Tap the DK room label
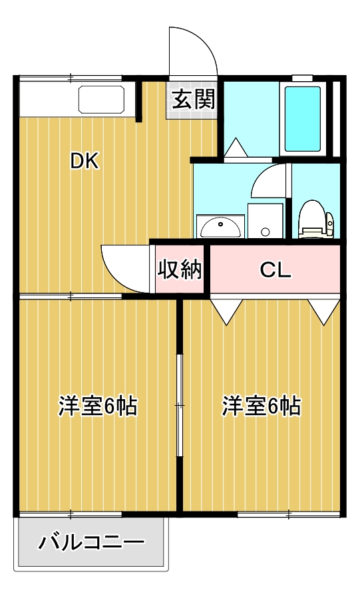coord(85,161)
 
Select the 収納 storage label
coord(179,269)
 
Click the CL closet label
coord(275,270)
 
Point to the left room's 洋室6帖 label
coord(98,406)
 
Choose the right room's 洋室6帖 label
coord(261,406)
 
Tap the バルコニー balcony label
coord(90,543)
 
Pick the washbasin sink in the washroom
coord(220,227)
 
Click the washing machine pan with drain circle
coord(266,221)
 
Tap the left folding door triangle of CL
coord(227,310)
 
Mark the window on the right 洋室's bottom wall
coord(289,514)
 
